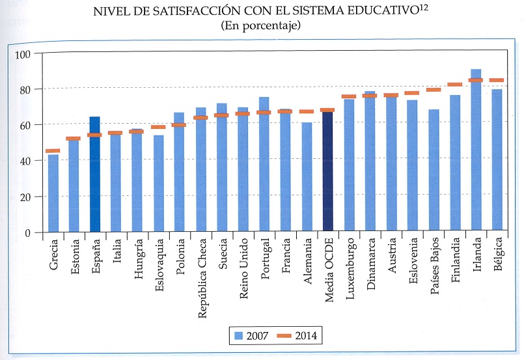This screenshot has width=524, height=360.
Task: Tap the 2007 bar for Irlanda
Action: pos(476,150)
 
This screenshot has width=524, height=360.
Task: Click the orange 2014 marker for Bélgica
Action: pos(497,80)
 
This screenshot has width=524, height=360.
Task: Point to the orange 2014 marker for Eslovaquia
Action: pos(158,127)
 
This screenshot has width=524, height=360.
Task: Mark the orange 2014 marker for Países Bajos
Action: pos(434,90)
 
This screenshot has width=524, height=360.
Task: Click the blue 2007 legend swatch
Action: pos(238,336)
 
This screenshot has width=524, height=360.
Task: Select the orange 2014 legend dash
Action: pos(283,336)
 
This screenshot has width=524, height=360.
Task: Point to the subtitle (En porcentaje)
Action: pos(260,26)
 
